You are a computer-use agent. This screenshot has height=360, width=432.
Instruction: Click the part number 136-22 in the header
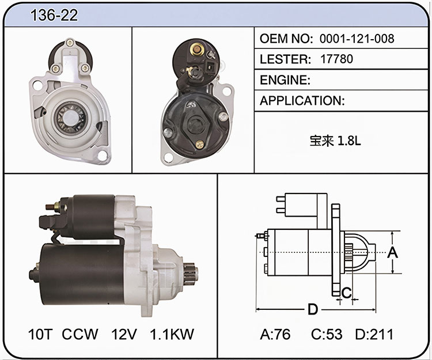pos(54,15)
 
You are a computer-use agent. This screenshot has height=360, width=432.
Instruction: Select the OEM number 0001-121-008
pos(357,39)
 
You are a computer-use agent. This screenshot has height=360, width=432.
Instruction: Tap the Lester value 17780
pos(336,59)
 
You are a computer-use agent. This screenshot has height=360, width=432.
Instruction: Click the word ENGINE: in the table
pos(285,80)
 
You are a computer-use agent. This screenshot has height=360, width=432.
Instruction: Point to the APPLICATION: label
pos(302,101)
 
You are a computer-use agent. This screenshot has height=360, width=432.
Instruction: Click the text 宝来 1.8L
pos(335,141)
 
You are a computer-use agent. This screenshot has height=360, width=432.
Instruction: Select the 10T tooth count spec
pos(40,334)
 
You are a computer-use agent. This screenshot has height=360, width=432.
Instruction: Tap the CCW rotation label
pos(80,334)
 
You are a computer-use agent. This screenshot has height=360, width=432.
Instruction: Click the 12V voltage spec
pos(124,334)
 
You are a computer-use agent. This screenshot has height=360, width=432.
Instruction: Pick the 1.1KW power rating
pos(172,334)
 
